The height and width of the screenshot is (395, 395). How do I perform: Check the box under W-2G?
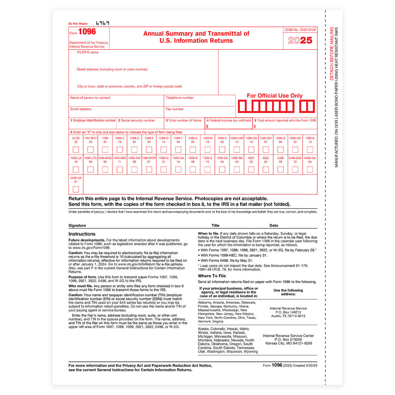click(x=76, y=149)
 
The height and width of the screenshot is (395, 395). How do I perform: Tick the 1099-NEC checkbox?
click(x=120, y=169)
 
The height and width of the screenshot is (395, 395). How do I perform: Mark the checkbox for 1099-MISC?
click(x=105, y=169)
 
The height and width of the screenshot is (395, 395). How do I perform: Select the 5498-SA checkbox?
click(x=76, y=189)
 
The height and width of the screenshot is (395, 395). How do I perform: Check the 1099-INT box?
click(x=295, y=149)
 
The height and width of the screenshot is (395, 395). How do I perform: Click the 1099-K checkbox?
click(x=310, y=149)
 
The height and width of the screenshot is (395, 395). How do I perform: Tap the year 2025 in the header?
click(x=300, y=41)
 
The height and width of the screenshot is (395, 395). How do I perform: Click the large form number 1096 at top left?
click(x=87, y=32)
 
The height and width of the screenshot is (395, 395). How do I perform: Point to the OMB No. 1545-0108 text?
click(x=300, y=30)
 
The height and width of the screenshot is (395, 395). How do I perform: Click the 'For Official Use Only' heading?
click(x=274, y=95)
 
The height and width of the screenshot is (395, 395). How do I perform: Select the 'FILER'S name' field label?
click(x=88, y=52)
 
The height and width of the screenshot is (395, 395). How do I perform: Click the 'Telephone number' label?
click(x=179, y=98)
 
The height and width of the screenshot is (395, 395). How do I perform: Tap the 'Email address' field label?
click(x=81, y=109)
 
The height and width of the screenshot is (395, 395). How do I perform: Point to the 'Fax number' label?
click(x=174, y=109)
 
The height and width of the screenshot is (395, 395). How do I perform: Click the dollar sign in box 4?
click(x=207, y=127)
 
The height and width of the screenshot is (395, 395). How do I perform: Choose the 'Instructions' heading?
click(x=82, y=234)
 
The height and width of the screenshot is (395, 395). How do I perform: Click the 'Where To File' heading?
click(x=211, y=276)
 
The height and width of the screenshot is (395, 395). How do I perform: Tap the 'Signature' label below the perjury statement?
click(x=77, y=225)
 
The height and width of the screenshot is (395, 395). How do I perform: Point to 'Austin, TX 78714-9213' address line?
click(x=288, y=316)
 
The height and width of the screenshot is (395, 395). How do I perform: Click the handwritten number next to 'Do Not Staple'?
click(x=102, y=23)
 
